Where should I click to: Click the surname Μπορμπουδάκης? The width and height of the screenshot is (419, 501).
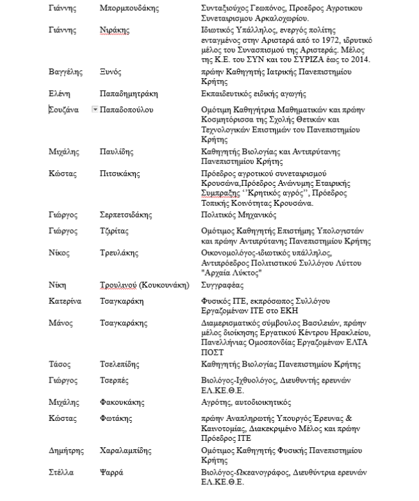click(x=130, y=8)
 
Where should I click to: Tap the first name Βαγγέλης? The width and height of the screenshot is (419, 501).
click(x=65, y=72)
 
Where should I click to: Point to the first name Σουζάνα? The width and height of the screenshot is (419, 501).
click(x=64, y=110)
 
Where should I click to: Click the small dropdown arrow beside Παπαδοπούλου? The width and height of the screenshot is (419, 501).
click(x=95, y=110)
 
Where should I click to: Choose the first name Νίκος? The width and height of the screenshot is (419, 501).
click(x=60, y=252)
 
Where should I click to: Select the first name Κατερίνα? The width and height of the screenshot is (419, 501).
click(x=65, y=300)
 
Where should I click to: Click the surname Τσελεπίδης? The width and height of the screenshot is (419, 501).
click(x=120, y=364)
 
